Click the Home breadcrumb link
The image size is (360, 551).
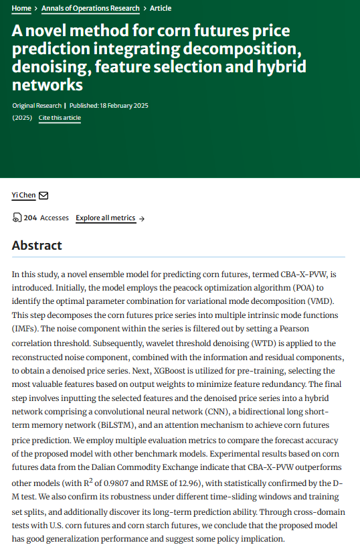[21, 8]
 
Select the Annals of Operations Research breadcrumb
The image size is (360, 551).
[90, 8]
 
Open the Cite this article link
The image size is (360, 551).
[60, 118]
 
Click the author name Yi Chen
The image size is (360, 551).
[23, 195]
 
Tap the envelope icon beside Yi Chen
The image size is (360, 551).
[43, 195]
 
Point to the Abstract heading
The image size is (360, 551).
[37, 246]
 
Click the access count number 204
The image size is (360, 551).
[30, 218]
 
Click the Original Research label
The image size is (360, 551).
[36, 106]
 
